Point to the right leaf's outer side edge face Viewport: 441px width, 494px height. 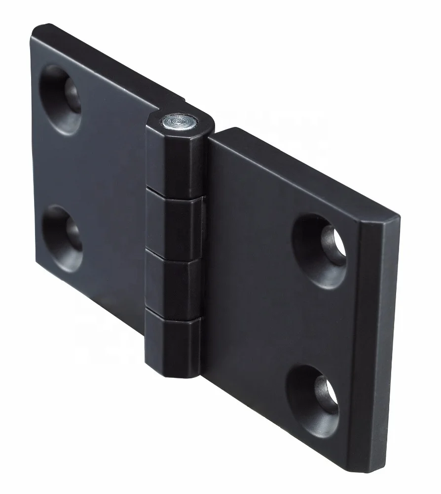[377, 346]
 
